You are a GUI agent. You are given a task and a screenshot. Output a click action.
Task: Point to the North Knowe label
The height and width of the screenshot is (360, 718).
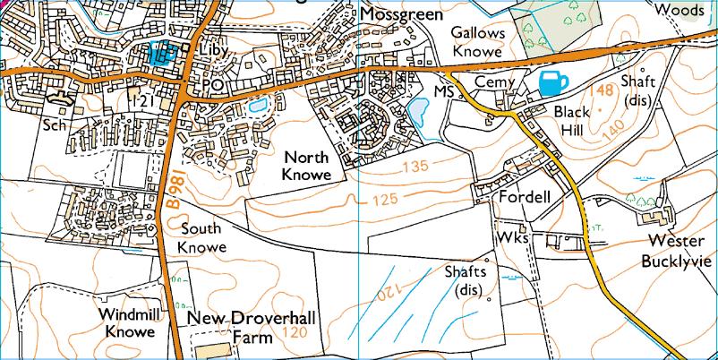click(x=306, y=165)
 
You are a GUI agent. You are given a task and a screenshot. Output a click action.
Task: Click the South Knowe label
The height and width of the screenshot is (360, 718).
click(x=201, y=237)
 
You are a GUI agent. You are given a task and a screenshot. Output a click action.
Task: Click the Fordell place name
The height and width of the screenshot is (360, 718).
click(x=524, y=196)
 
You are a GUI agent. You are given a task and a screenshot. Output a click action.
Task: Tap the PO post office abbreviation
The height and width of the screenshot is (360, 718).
click(x=212, y=84)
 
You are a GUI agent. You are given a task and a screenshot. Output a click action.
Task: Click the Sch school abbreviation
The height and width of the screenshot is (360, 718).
click(x=56, y=124)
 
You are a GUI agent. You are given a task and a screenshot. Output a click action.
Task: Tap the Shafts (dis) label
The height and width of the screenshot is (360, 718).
click(x=466, y=280)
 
